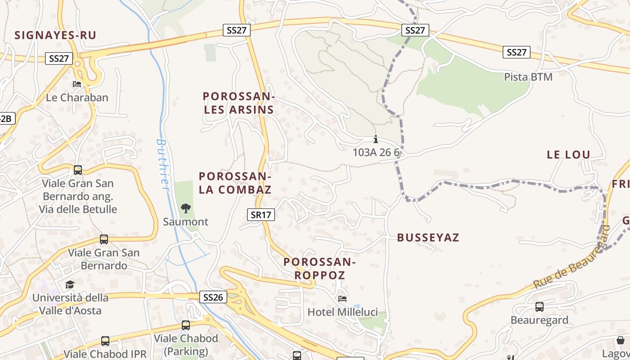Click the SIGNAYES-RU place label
click(55, 35)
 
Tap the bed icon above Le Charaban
click(77, 84)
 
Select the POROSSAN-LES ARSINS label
click(238, 103)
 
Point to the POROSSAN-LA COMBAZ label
click(235, 183)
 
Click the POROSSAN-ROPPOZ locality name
click(320, 268)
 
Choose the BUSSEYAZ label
click(428, 238)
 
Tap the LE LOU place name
click(568, 155)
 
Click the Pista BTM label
click(528, 77)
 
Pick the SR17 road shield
click(261, 215)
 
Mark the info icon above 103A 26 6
click(376, 139)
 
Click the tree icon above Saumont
click(185, 208)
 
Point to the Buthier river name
click(162, 164)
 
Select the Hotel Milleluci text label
click(342, 312)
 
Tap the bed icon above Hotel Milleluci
click(342, 298)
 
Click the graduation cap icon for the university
click(70, 284)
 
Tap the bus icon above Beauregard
click(539, 307)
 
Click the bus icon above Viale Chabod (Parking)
click(186, 325)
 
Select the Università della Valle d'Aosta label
click(70, 304)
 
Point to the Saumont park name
click(185, 221)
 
